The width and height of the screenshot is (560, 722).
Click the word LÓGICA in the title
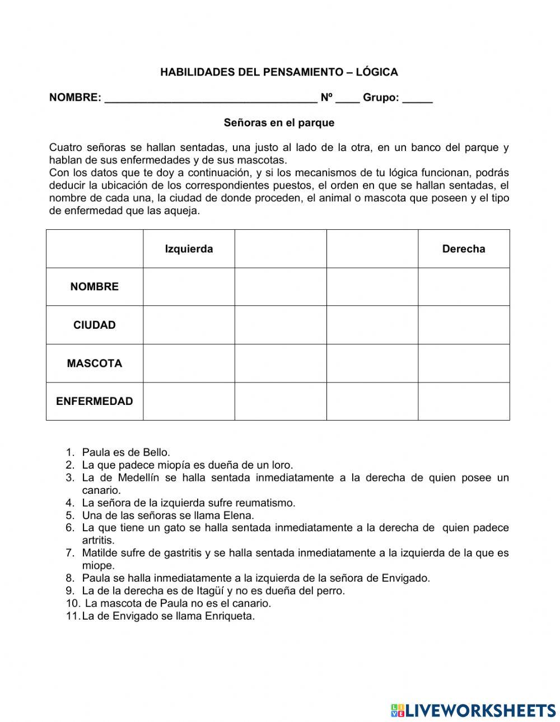(x=377, y=72)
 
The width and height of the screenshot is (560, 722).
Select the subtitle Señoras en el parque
(x=279, y=122)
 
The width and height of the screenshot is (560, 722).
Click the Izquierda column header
(x=189, y=249)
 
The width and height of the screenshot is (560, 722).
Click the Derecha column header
(x=463, y=249)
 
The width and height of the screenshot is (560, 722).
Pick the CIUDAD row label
(x=94, y=325)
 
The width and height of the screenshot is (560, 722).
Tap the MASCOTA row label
(x=94, y=364)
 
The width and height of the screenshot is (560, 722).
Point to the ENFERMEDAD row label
(x=94, y=402)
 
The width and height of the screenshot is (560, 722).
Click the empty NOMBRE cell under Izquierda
(x=189, y=287)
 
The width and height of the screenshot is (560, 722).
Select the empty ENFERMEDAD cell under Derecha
(x=463, y=402)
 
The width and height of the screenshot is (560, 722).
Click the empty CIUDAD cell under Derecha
(x=463, y=325)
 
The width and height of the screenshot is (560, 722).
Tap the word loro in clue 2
(x=282, y=465)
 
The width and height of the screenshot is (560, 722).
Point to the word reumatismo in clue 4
(x=267, y=503)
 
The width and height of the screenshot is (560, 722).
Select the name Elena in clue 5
(x=239, y=516)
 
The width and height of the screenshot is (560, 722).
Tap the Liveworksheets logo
(x=473, y=710)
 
